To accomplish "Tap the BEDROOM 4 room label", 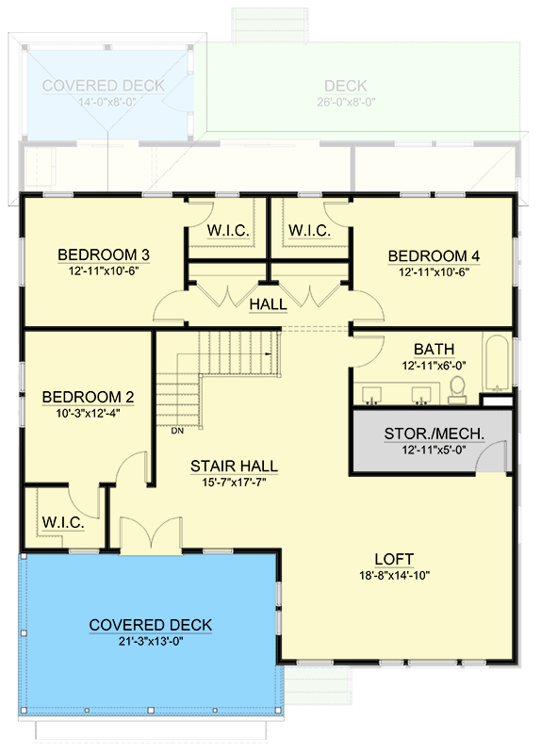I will tap(428, 255).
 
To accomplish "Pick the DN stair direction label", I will tap(177, 433).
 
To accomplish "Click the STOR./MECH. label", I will tap(434, 434).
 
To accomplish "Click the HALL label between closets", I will tap(268, 304).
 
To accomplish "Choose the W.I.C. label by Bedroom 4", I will tap(308, 230).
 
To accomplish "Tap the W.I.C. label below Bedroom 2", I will tap(63, 522).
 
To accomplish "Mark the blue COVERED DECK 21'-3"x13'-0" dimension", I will tap(151, 642).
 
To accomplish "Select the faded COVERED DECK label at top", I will tap(103, 86).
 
